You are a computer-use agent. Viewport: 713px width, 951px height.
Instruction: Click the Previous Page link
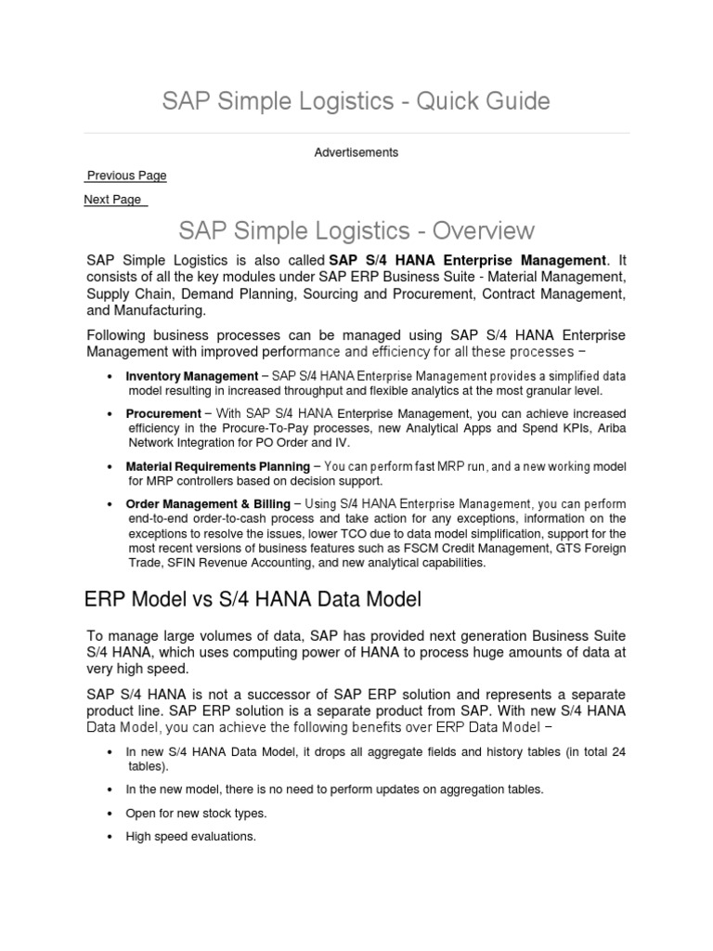tap(126, 176)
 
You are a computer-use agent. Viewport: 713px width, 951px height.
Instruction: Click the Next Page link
tap(113, 200)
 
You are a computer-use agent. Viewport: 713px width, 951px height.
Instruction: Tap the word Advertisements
tap(356, 152)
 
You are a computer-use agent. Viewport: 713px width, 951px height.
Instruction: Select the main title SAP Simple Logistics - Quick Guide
tap(356, 101)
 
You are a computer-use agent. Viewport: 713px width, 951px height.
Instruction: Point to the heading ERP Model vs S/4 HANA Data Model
tap(253, 601)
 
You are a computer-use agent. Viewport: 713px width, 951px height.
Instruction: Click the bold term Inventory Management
tap(191, 376)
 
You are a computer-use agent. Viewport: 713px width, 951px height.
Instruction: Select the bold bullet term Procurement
tap(162, 413)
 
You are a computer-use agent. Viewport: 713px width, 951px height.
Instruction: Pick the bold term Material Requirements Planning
tap(217, 466)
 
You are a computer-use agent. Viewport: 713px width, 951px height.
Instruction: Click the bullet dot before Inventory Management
tap(110, 376)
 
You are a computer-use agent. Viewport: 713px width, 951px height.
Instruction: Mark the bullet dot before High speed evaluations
tap(110, 837)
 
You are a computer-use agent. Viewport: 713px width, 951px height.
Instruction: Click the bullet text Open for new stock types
tap(196, 813)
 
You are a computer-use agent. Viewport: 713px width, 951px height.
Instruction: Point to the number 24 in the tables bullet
tap(617, 751)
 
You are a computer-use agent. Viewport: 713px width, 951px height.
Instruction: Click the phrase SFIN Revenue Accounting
tap(232, 563)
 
